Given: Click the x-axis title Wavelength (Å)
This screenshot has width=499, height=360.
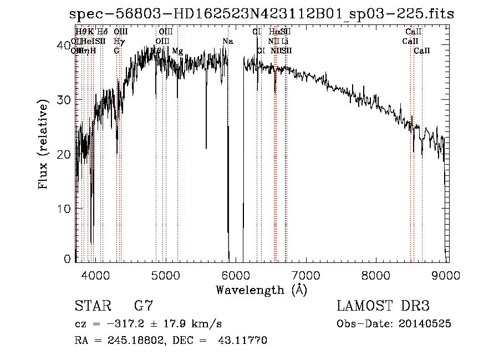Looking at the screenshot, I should [x=261, y=289].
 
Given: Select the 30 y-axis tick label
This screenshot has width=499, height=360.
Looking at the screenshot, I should [x=65, y=100].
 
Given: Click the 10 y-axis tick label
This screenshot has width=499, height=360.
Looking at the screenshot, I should [x=65, y=209].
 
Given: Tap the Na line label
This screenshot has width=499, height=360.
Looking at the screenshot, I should [x=228, y=42].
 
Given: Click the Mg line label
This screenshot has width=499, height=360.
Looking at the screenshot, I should [x=177, y=51].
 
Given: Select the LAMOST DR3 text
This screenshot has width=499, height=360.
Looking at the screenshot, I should [x=383, y=306].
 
